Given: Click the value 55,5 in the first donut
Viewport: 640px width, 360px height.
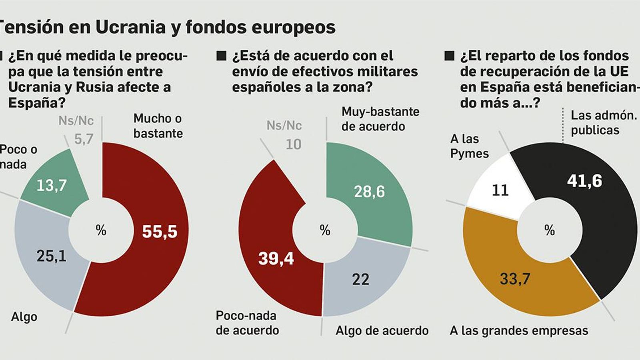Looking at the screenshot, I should click(159, 232).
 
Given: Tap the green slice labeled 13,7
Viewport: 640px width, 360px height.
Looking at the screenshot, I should click(52, 185).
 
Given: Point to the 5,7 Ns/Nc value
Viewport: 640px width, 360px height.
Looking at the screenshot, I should click(84, 139).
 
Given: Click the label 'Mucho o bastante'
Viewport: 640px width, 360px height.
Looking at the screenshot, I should click(158, 126).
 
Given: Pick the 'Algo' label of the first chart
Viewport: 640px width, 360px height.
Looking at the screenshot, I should click(24, 317).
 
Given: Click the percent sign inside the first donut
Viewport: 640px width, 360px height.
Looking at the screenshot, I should click(101, 230).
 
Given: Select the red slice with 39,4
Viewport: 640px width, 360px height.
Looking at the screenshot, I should click(276, 258).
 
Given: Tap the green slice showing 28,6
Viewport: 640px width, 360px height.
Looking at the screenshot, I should click(369, 192).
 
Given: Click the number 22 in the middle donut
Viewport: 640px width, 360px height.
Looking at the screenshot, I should click(360, 279).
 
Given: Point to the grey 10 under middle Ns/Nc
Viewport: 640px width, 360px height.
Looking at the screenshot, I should click(293, 144).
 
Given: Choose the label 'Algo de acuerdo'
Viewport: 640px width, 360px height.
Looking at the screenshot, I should click(382, 331).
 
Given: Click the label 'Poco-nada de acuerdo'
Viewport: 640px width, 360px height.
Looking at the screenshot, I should click(247, 323).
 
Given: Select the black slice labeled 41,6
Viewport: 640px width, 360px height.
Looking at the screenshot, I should click(584, 181).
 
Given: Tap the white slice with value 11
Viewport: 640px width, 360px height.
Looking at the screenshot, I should click(500, 190).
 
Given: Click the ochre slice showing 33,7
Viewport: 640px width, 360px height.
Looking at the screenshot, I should click(515, 278).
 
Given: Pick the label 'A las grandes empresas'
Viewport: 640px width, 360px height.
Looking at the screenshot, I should click(519, 331).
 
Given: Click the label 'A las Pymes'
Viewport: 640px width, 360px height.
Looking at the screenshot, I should click(469, 146).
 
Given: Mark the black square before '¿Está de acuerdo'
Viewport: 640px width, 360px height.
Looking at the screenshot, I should click(221, 56).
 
